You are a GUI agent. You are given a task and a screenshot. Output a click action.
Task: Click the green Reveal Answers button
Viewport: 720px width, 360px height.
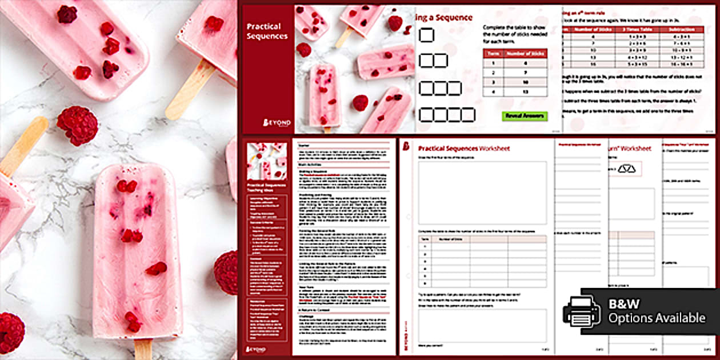(525, 116)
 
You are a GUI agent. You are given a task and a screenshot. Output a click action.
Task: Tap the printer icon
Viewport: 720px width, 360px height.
(582, 311)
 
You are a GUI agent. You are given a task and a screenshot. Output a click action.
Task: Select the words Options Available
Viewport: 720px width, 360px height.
(657, 318)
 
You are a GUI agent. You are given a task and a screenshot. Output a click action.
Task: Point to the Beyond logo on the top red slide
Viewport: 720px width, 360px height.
(277, 122)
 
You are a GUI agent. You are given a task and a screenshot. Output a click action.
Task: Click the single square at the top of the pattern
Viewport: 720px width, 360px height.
(426, 35)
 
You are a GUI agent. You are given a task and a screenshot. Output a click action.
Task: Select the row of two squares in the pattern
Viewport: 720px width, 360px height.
(433, 61)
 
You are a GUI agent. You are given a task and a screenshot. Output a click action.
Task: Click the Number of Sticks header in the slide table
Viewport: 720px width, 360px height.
(523, 54)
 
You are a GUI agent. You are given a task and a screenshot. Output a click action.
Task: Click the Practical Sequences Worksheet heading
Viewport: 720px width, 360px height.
(464, 149)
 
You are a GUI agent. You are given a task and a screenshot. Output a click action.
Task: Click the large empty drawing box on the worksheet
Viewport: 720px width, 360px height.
(482, 193)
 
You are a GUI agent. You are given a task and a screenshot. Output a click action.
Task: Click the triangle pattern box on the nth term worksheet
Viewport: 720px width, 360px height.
(627, 169)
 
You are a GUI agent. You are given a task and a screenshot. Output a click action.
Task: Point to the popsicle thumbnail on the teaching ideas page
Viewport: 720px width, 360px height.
(267, 161)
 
